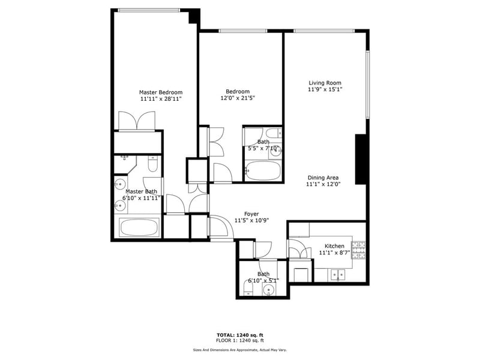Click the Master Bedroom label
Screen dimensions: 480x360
click(161, 92)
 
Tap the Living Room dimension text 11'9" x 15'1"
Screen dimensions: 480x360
click(325, 89)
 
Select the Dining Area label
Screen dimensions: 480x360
click(323, 178)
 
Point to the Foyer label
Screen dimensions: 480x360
click(251, 214)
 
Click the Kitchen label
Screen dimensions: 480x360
click(334, 246)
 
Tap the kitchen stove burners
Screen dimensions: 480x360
click(358, 250)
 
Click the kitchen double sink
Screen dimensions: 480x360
click(337, 275)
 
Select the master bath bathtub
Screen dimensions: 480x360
click(139, 227)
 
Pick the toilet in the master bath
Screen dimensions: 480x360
click(152, 164)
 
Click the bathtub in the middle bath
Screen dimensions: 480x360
click(263, 171)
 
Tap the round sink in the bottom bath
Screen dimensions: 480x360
click(269, 289)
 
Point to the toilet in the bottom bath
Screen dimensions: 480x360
click(248, 289)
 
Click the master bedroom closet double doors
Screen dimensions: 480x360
click(137, 122)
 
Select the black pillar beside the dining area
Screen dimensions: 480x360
click(361, 159)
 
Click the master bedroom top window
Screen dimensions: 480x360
click(149, 10)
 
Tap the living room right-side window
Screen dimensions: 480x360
click(368, 85)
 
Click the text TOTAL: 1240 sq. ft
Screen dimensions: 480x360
click(240, 335)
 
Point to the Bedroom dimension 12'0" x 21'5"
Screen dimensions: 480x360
click(238, 98)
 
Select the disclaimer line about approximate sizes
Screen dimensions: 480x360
click(239, 350)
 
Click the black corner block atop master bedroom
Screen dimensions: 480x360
click(194, 16)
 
